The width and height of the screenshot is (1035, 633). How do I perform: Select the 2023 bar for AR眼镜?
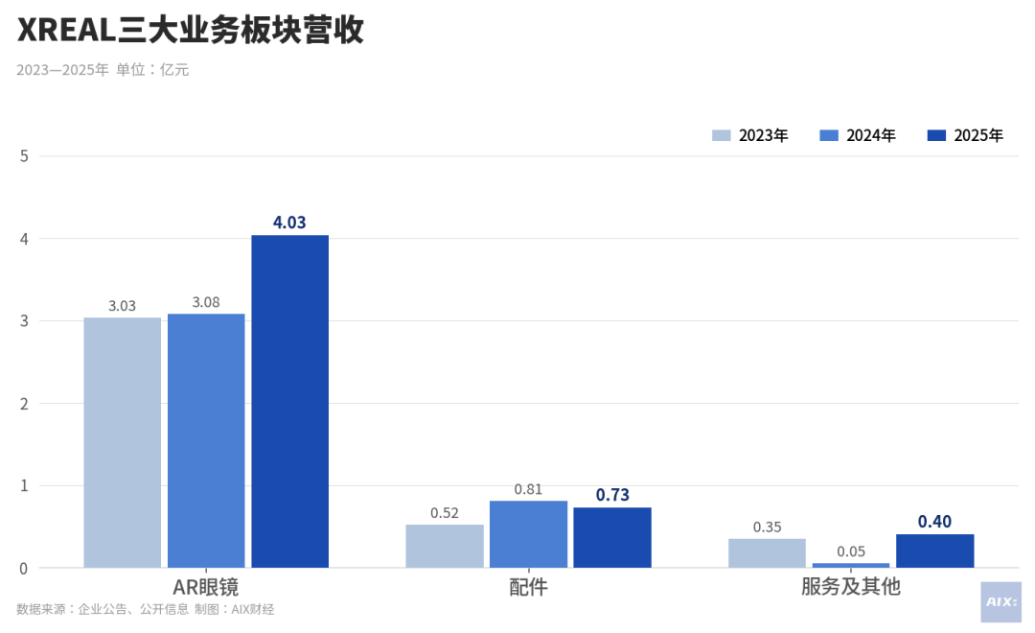pyautogui.click(x=122, y=442)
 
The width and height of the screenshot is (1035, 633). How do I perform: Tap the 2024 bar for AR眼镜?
pyautogui.click(x=206, y=440)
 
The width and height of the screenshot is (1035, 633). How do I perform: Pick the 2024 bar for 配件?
pyautogui.click(x=528, y=534)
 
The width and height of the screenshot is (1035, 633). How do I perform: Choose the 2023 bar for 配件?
pyautogui.click(x=445, y=546)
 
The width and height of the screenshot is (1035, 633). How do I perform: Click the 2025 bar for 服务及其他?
pyautogui.click(x=934, y=551)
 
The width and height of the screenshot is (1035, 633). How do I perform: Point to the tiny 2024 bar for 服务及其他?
pyautogui.click(x=851, y=565)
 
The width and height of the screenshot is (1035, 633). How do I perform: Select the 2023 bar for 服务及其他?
pyautogui.click(x=767, y=552)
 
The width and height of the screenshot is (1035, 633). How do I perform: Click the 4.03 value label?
pyautogui.click(x=289, y=223)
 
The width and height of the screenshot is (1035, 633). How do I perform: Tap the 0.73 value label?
pyautogui.click(x=612, y=495)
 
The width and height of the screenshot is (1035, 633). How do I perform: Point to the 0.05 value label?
pyautogui.click(x=851, y=551)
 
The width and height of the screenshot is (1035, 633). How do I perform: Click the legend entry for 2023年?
pyautogui.click(x=750, y=135)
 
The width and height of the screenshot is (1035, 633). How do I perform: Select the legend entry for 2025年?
pyautogui.click(x=965, y=135)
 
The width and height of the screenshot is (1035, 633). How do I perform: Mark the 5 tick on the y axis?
pyautogui.click(x=24, y=156)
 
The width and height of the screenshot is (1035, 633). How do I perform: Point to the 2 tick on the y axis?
pyautogui.click(x=24, y=404)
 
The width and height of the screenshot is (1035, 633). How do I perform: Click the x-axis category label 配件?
pyautogui.click(x=528, y=587)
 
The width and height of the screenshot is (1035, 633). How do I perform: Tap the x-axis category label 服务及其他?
pyautogui.click(x=851, y=587)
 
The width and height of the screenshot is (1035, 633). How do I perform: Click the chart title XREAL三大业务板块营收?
pyautogui.click(x=191, y=31)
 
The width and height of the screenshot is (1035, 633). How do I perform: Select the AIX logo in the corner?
pyautogui.click(x=1000, y=602)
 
